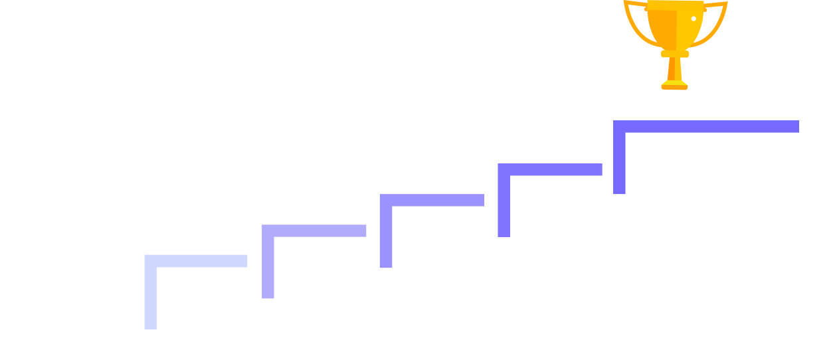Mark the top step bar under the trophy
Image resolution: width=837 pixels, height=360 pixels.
coord(705,126)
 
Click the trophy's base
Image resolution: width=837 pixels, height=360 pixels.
coord(674,84)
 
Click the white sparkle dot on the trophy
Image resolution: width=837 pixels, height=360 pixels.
coord(694,19)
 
